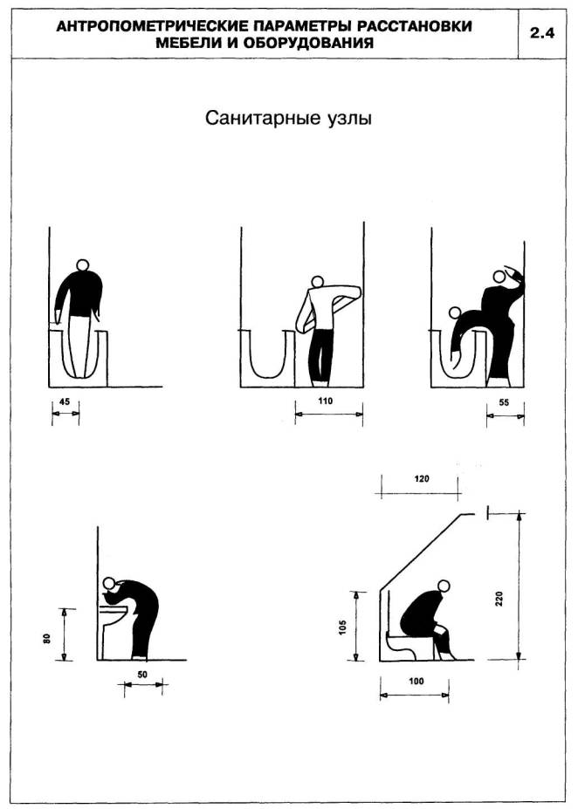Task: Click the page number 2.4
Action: (542, 33)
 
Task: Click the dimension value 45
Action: (65, 401)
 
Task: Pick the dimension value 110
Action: (326, 401)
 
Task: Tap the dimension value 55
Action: (504, 402)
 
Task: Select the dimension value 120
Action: (422, 479)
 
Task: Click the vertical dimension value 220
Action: (499, 598)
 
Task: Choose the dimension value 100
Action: (416, 681)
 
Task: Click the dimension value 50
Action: (142, 674)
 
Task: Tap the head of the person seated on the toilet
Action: (443, 586)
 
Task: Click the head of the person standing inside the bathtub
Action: (83, 264)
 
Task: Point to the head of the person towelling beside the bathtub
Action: (318, 282)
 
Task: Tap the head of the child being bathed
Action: (455, 312)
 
